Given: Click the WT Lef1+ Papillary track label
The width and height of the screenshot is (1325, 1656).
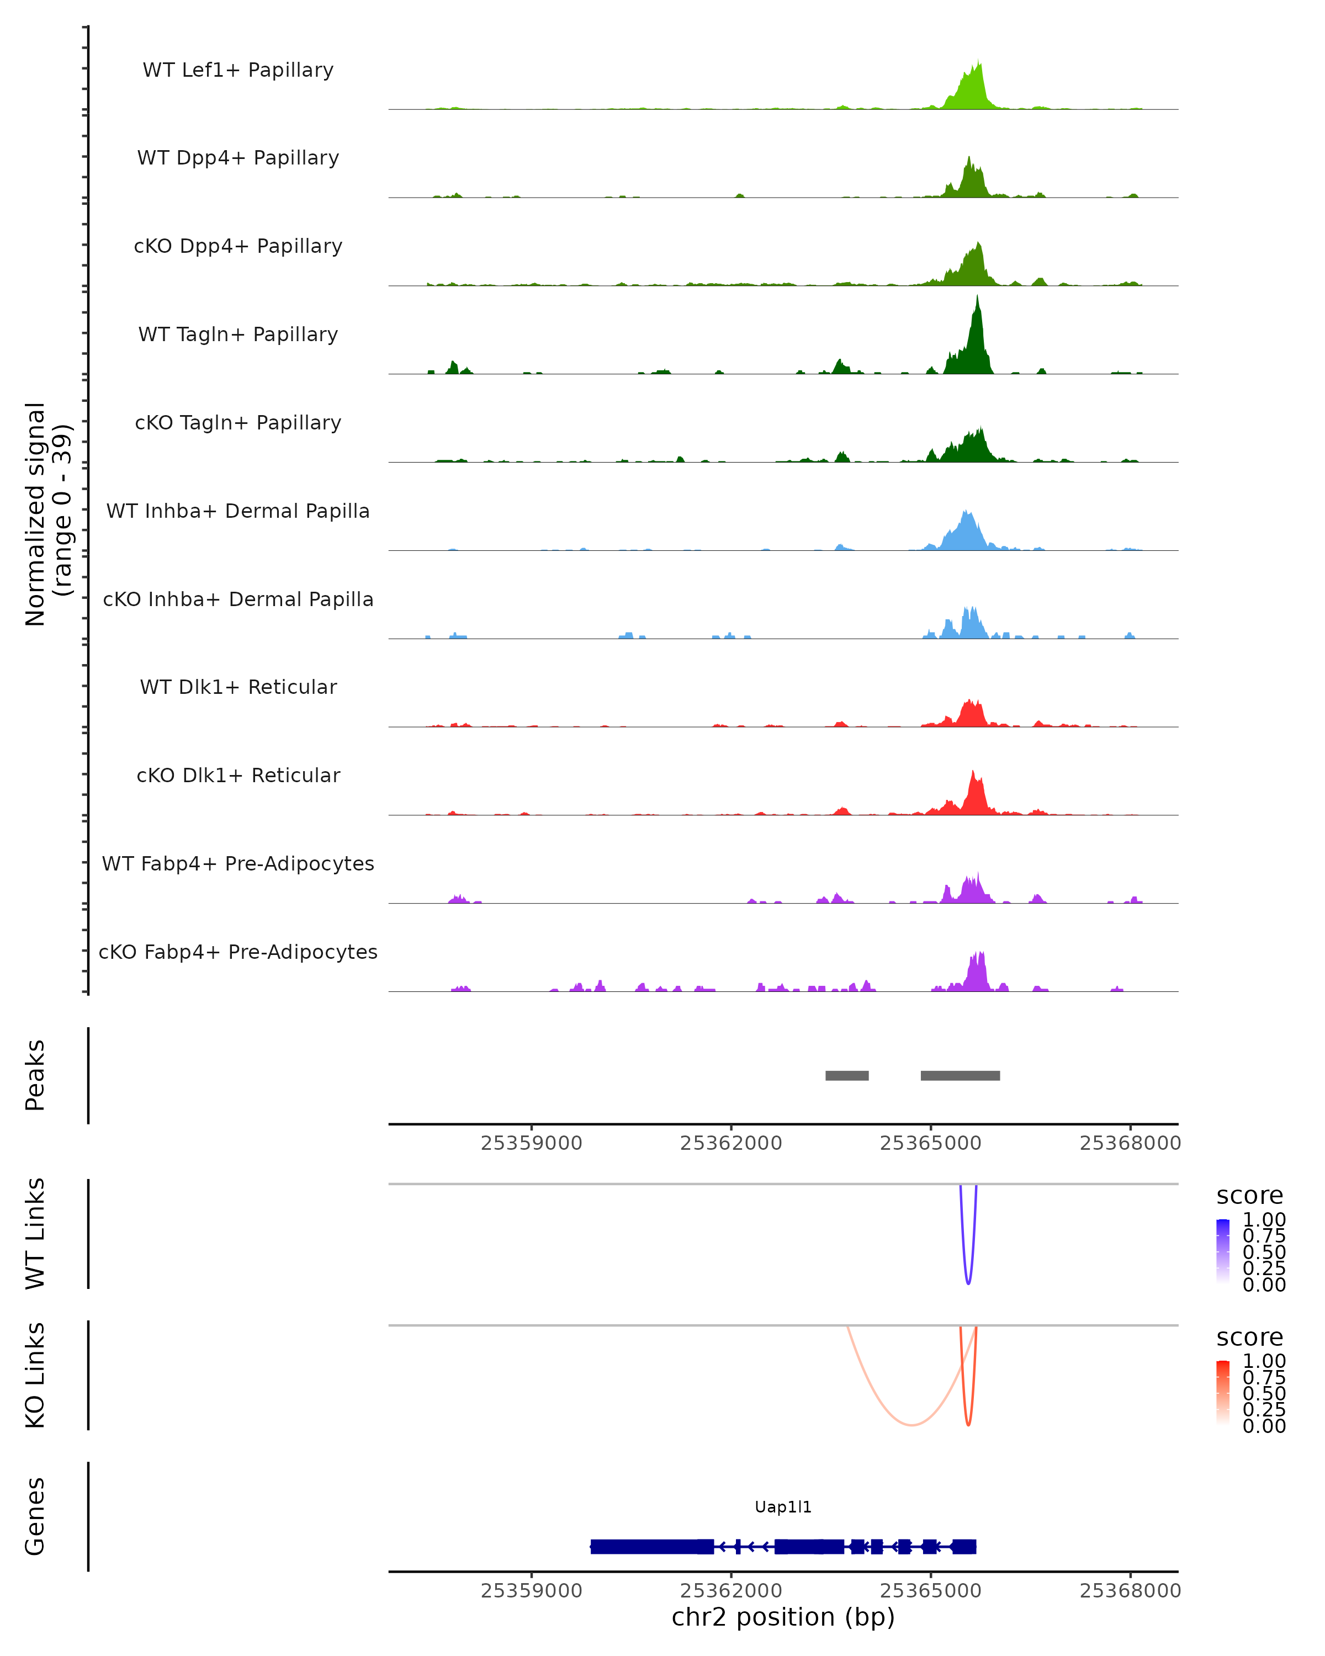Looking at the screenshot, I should click(x=238, y=70).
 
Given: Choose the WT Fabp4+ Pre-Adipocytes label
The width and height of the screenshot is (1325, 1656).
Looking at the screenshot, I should click(x=238, y=863).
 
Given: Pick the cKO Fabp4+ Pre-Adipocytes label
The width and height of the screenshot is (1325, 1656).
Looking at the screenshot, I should click(x=238, y=952).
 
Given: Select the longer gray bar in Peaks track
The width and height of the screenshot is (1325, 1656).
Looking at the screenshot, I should click(x=960, y=1075).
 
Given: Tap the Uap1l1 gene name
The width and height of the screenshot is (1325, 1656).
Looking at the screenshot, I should click(x=783, y=1506).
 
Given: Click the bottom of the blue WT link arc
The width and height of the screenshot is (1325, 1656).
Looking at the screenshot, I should click(x=968, y=1283).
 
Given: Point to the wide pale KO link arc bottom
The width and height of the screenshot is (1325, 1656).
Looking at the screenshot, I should click(x=911, y=1425).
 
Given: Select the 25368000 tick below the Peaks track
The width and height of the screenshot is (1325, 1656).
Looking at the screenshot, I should click(x=1130, y=1143).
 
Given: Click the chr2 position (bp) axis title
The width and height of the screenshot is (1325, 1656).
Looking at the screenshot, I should click(x=783, y=1616).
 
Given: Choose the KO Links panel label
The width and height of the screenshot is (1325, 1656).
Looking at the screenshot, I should click(x=35, y=1375).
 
